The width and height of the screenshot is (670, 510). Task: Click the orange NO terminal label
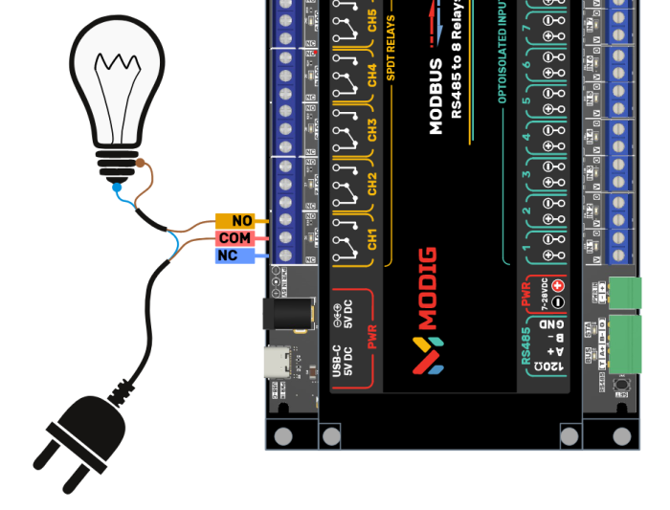click(234, 221)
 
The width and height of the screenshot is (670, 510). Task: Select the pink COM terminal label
click(234, 238)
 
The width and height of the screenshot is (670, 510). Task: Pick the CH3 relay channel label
click(372, 130)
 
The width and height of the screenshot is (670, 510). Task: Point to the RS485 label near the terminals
click(525, 344)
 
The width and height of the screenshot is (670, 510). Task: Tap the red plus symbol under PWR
click(557, 285)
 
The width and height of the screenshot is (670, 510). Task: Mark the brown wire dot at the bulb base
click(141, 164)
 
